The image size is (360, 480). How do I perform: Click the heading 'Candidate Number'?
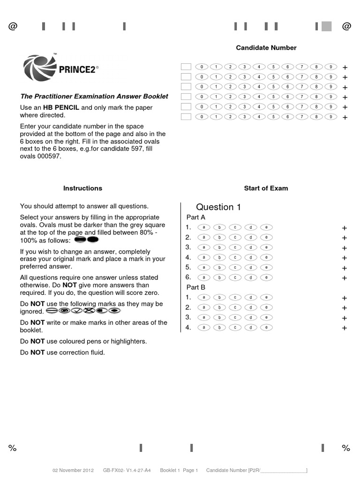266,48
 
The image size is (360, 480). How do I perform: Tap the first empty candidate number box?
186,67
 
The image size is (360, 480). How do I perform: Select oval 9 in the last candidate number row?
330,117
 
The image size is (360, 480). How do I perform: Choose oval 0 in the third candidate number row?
201,87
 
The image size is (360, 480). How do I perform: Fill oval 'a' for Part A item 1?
204,227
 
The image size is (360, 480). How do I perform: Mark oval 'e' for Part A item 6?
266,277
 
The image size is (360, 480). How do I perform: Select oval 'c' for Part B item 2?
235,307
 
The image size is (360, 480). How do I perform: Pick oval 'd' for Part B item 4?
250,328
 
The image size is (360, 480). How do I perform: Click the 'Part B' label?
196,287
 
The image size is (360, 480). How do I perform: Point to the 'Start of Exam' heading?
266,188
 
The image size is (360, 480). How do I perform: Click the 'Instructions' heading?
82,188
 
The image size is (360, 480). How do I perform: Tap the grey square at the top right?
326,27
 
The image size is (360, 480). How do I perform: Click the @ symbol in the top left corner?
13,27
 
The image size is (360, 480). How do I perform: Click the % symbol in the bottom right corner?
346,448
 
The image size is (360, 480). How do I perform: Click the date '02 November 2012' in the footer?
73,470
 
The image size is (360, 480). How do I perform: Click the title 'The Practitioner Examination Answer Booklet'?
94,97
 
